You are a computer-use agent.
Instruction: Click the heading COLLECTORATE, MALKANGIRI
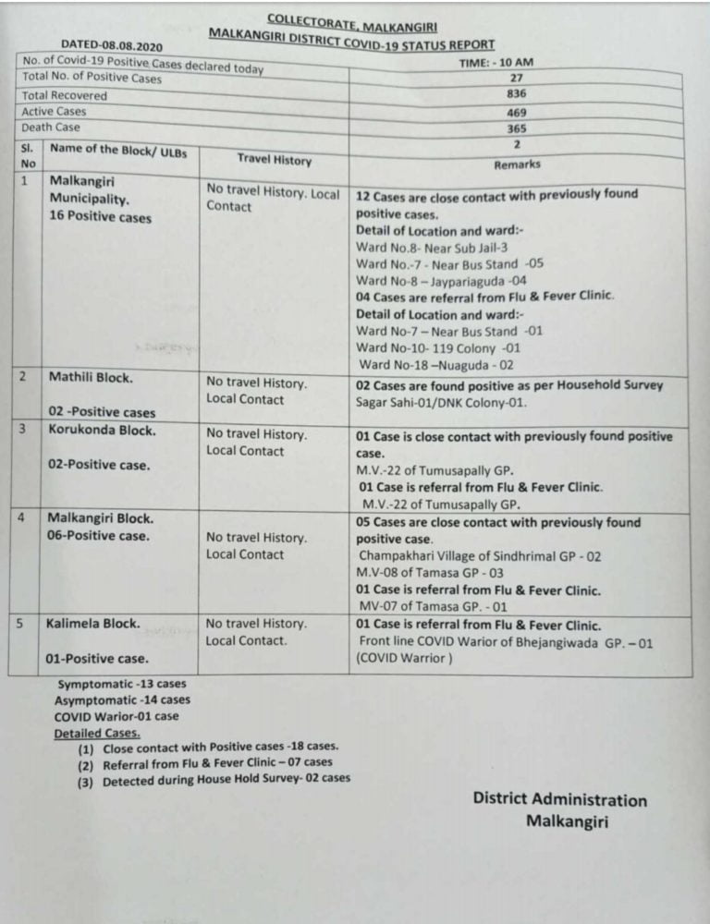(x=352, y=21)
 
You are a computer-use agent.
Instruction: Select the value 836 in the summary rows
(x=516, y=95)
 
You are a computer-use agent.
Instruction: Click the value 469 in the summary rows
(x=516, y=112)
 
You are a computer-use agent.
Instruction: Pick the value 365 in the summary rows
(x=516, y=128)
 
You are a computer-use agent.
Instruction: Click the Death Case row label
(x=51, y=128)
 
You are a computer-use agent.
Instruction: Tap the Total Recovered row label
(x=64, y=95)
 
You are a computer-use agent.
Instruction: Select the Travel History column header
(x=274, y=159)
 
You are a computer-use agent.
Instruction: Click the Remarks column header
(x=518, y=164)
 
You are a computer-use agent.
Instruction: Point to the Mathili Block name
(x=91, y=377)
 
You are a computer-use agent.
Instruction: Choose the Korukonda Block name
(x=102, y=431)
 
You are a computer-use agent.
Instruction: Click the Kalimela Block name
(x=93, y=623)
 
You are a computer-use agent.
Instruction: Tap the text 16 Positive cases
(x=101, y=218)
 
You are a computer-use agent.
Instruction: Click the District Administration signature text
(x=559, y=800)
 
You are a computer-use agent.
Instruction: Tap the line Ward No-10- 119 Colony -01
(x=438, y=348)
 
